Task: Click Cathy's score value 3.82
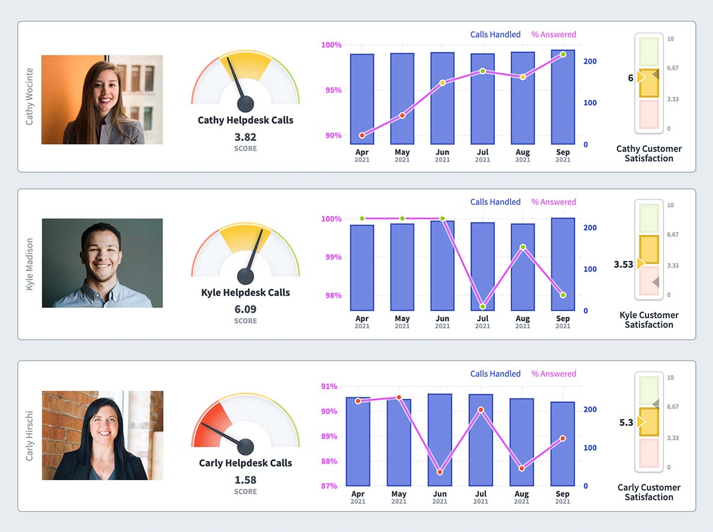pyautogui.click(x=245, y=137)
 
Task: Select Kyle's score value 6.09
pyautogui.click(x=245, y=309)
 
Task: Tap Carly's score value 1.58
pyautogui.click(x=245, y=480)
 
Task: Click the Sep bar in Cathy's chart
pyautogui.click(x=562, y=99)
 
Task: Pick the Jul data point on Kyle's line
pyautogui.click(x=482, y=307)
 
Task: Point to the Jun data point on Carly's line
pyautogui.click(x=440, y=472)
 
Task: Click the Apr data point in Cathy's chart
pyautogui.click(x=362, y=136)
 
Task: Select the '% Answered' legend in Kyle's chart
pyautogui.click(x=553, y=202)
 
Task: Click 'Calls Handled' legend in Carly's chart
pyautogui.click(x=495, y=374)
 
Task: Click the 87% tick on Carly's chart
pyautogui.click(x=329, y=486)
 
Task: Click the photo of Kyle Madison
pyautogui.click(x=102, y=263)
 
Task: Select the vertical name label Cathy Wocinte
pyautogui.click(x=30, y=96)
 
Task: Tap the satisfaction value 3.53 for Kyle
pyautogui.click(x=623, y=264)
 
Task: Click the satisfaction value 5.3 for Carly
pyautogui.click(x=626, y=422)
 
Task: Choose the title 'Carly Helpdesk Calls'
pyautogui.click(x=245, y=463)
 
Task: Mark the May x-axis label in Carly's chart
pyautogui.click(x=399, y=494)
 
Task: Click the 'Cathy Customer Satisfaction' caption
pyautogui.click(x=649, y=154)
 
